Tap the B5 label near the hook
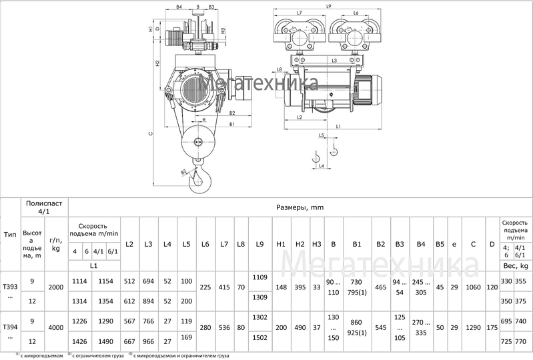point(183,172)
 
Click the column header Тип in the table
point(10,234)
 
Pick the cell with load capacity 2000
point(57,287)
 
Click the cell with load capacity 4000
point(57,327)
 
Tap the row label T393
point(9,278)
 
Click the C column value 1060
point(473,287)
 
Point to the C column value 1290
point(473,327)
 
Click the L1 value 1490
point(105,341)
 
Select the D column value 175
point(492,327)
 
